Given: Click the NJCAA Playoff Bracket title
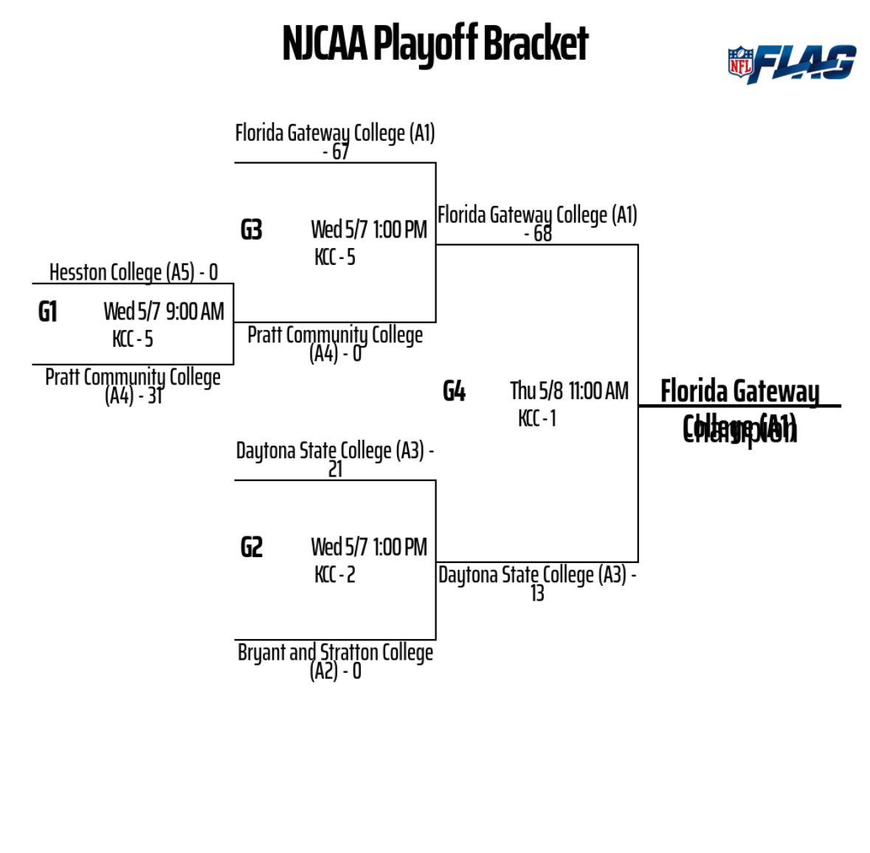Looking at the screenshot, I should click(x=435, y=44).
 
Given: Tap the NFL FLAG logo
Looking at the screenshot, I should click(x=791, y=63).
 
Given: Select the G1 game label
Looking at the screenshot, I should click(x=48, y=312).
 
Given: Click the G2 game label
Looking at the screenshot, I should click(x=252, y=548).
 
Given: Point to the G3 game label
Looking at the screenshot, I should click(x=252, y=230).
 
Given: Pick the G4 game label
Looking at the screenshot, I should click(x=454, y=391).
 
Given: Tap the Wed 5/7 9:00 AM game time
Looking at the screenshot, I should click(x=164, y=311).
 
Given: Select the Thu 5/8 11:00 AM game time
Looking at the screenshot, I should click(x=569, y=391).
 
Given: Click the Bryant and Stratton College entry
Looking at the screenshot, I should click(x=335, y=653).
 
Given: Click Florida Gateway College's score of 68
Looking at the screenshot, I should click(x=539, y=234).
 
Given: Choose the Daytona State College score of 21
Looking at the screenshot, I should click(x=336, y=469).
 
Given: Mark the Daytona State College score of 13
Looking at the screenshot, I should click(x=537, y=593).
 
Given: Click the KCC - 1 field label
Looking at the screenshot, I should click(x=537, y=418).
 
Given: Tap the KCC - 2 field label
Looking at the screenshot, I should click(x=335, y=575).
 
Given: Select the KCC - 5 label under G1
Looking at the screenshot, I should click(x=133, y=339).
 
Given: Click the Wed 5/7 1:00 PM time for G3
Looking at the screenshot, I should click(x=369, y=230).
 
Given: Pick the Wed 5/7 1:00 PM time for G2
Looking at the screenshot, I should click(x=369, y=548).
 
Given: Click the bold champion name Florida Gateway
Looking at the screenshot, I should click(x=739, y=392).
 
